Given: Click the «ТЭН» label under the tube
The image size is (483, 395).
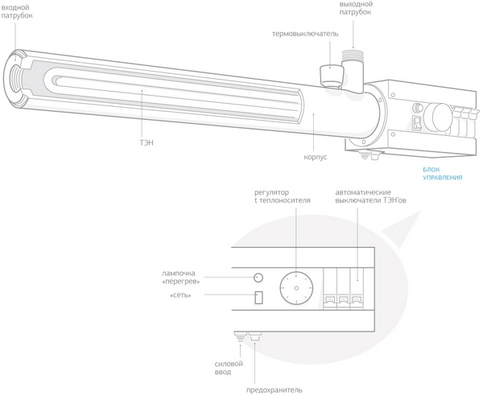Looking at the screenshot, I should [x=147, y=143].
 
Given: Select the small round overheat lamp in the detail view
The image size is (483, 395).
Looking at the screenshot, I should [x=258, y=278].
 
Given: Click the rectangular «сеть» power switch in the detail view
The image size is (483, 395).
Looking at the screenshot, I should [x=258, y=298].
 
